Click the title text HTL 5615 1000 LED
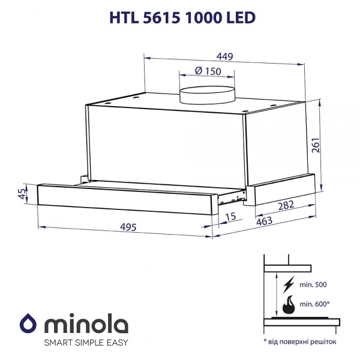coord(179,19)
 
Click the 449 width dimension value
coord(224,57)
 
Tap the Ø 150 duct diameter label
coord(208,71)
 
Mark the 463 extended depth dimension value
coord(264,221)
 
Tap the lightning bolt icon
coord(289,283)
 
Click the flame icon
coord(289,305)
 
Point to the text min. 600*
coord(317,305)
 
